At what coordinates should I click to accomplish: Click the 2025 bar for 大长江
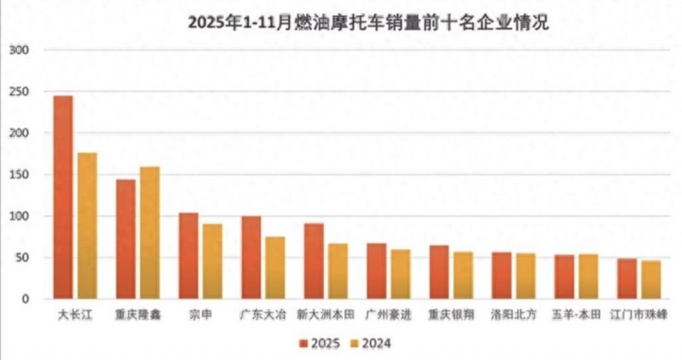click(x=63, y=197)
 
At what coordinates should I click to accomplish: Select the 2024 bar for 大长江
click(x=87, y=226)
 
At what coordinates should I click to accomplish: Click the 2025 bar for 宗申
click(x=188, y=256)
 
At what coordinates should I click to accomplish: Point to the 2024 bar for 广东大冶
click(x=275, y=268)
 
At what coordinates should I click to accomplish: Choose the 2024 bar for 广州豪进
click(x=401, y=274)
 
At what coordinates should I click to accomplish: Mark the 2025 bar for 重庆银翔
click(x=439, y=272)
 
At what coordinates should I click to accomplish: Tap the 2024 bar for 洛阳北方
click(x=526, y=276)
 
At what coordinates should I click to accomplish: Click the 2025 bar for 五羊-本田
click(x=564, y=277)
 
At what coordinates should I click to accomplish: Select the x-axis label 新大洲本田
click(x=326, y=315)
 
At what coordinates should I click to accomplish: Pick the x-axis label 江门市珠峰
click(x=639, y=315)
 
